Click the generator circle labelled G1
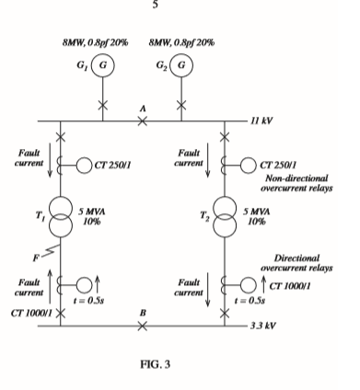pyautogui.click(x=104, y=67)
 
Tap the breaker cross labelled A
pyautogui.click(x=143, y=121)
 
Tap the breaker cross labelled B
pyautogui.click(x=143, y=326)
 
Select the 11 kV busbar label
pyautogui.click(x=263, y=121)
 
